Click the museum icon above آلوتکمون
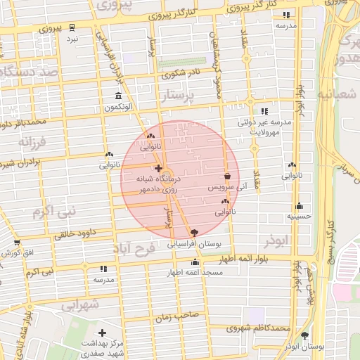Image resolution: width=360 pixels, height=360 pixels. click(x=117, y=96)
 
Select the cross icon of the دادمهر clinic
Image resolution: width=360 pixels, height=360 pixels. click(x=158, y=169)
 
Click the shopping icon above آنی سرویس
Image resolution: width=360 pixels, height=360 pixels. click(x=227, y=177)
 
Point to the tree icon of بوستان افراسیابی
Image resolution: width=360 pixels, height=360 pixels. click(x=194, y=233)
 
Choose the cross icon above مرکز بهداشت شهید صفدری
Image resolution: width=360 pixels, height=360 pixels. click(x=103, y=332)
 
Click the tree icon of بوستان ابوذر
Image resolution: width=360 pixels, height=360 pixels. click(x=304, y=335)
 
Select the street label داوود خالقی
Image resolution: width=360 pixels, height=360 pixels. click(x=78, y=233)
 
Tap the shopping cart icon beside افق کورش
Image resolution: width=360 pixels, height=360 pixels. click(x=16, y=243)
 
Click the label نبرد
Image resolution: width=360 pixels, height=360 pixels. click(x=72, y=39)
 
